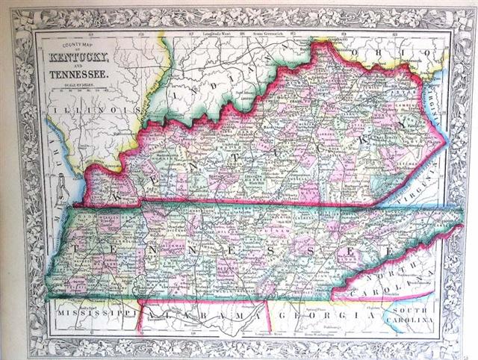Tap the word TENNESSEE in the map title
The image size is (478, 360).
click(x=78, y=74)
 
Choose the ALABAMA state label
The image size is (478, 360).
click(x=202, y=317)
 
